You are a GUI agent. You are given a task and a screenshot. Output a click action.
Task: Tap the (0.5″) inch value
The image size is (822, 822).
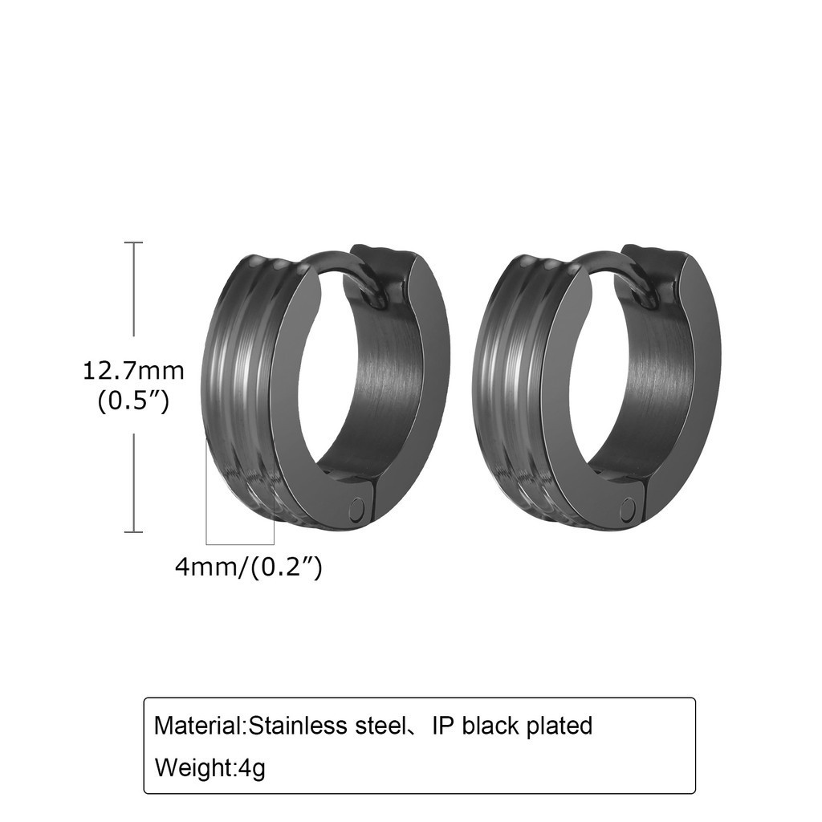tap(134, 403)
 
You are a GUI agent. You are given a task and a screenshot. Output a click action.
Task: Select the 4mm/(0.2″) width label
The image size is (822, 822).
tap(248, 567)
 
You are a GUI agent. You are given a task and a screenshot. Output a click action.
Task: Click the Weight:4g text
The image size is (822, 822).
tap(210, 768)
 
